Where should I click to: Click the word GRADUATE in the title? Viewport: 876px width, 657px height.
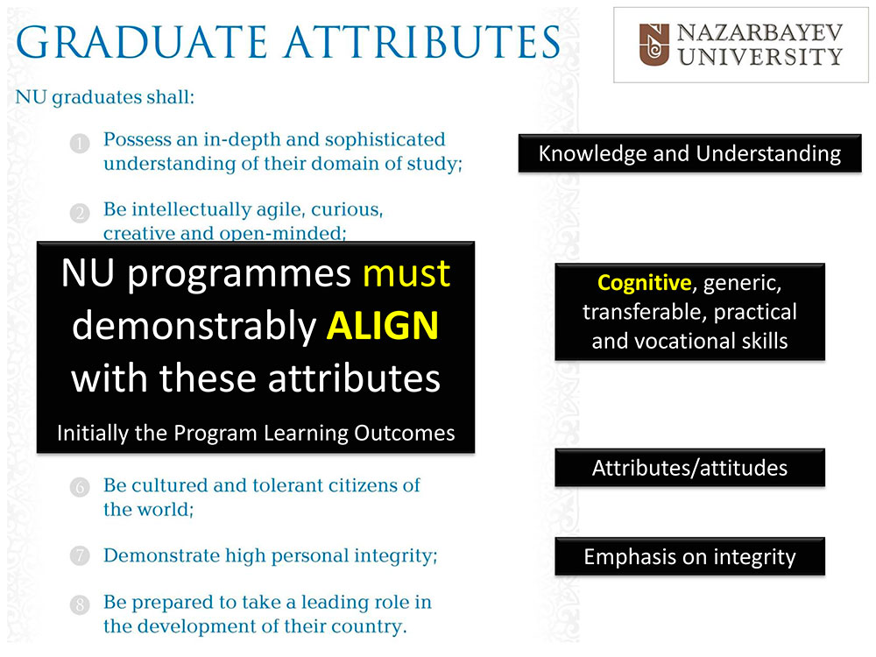click(x=142, y=42)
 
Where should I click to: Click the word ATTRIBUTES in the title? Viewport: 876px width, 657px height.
click(x=423, y=42)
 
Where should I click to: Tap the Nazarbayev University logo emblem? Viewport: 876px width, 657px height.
click(x=653, y=45)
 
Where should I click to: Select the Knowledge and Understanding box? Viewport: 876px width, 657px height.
click(x=690, y=153)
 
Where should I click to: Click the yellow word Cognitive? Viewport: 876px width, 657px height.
click(x=644, y=283)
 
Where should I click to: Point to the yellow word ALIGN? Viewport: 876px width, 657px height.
click(x=383, y=326)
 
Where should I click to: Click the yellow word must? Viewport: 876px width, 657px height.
click(x=406, y=273)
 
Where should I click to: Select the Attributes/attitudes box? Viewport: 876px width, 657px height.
click(x=690, y=468)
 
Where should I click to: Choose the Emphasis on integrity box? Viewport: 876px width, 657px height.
click(x=690, y=556)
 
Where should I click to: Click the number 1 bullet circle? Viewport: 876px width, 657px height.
click(x=80, y=144)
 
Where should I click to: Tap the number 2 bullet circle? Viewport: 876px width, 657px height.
click(x=80, y=214)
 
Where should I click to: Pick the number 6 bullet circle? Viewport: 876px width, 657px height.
click(x=80, y=488)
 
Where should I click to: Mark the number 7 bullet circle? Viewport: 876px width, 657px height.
click(x=80, y=556)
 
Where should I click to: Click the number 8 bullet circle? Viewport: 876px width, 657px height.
click(x=80, y=605)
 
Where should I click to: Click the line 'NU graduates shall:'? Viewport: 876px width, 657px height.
click(x=105, y=98)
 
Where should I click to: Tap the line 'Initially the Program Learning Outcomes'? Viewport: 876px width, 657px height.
click(x=256, y=434)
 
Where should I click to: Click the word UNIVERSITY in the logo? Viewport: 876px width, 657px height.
click(x=760, y=57)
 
